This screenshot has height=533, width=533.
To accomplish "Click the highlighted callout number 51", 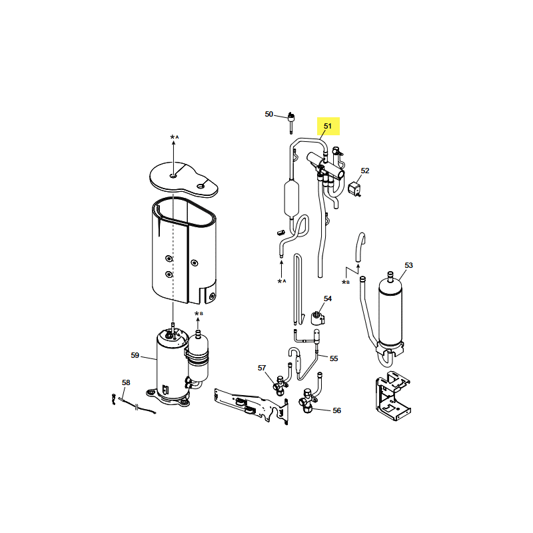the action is tap(327, 126).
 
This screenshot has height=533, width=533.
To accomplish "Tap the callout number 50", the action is tap(269, 114).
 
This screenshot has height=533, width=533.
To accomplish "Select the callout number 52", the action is tap(364, 171).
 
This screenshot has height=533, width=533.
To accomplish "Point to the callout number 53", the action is tap(408, 265).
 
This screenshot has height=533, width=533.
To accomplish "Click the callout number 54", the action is tap(328, 298).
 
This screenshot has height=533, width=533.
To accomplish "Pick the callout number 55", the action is tap(334, 358).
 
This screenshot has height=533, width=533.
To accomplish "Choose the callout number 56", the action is tap(336, 410).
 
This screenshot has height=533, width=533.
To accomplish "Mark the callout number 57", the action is tap(262, 368).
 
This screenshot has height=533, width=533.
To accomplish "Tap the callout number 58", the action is tap(126, 382).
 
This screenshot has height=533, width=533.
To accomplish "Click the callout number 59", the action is tap(135, 355).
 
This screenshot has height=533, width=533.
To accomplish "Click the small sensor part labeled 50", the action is tap(291, 123).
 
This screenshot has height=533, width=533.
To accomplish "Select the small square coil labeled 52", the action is tap(354, 189).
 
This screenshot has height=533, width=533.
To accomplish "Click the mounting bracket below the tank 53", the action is tap(393, 396).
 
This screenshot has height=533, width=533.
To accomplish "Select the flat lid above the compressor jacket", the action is tap(184, 179).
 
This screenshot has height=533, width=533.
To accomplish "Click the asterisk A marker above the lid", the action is tap(175, 137).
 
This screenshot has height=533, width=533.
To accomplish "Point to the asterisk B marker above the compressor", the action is tap(199, 314).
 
